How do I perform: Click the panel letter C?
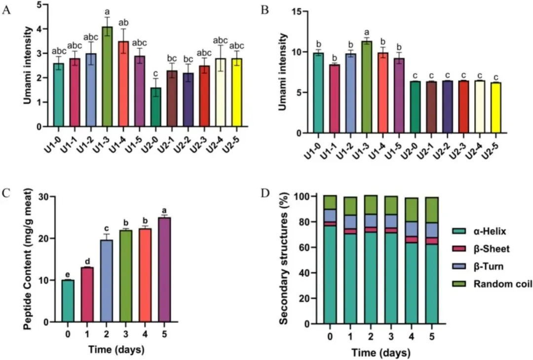(x=6, y=192)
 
